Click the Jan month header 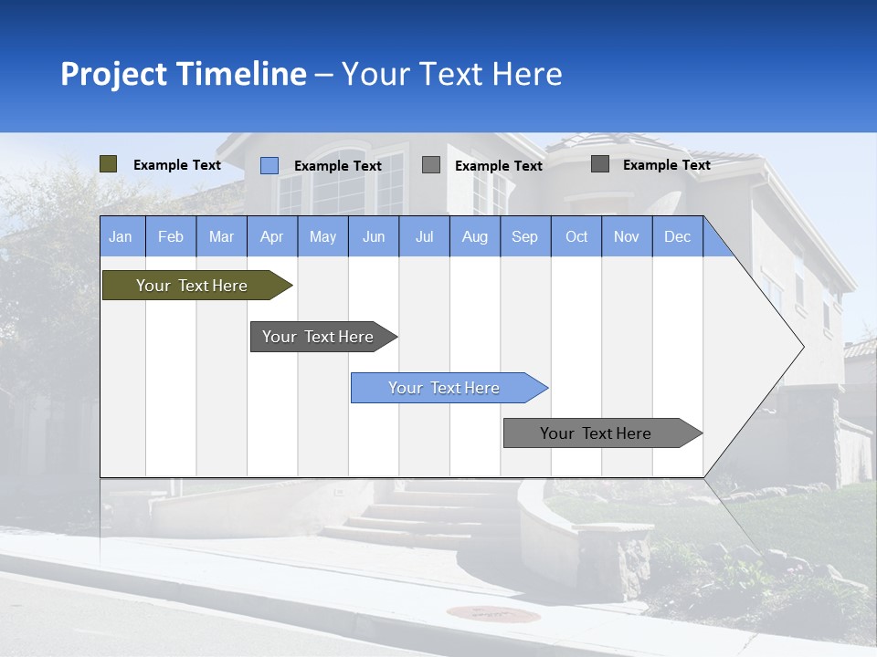121,236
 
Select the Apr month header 271,236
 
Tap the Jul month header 424,236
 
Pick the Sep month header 524,236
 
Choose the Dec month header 677,236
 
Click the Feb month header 171,236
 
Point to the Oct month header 576,236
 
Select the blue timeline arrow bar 445,388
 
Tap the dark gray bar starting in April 319,337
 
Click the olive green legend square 109,164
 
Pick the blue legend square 269,165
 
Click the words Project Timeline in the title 183,74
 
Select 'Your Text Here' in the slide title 451,74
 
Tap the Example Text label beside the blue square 338,166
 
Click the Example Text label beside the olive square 177,165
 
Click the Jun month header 374,236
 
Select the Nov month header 627,236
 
